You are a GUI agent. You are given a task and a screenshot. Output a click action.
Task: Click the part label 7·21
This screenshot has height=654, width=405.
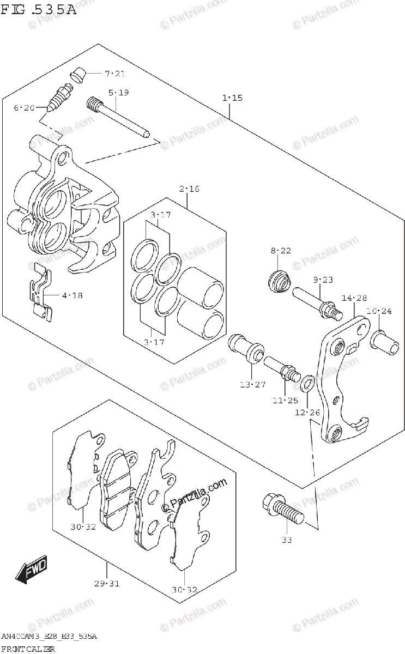[x=115, y=74]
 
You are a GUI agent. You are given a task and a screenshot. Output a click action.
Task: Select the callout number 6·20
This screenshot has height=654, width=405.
[x=24, y=108]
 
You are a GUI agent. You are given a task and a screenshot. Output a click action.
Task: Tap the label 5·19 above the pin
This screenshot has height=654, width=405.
[x=118, y=93]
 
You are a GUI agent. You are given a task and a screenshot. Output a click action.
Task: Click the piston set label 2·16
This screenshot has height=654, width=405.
[x=189, y=190]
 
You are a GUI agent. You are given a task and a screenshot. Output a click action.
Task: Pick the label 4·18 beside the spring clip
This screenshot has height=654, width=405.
[x=72, y=296]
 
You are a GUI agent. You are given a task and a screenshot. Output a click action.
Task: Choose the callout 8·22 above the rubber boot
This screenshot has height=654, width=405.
[x=281, y=251]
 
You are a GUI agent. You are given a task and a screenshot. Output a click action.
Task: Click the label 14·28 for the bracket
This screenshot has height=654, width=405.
[x=355, y=298]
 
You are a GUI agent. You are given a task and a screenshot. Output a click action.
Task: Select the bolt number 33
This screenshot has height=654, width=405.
[x=287, y=540]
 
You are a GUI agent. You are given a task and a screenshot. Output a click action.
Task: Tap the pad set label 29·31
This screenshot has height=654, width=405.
[x=106, y=584]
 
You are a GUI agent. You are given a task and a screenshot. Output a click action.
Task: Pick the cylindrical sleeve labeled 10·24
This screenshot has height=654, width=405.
[x=385, y=343]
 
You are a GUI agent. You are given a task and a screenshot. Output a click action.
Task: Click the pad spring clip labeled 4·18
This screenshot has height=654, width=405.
[x=41, y=295]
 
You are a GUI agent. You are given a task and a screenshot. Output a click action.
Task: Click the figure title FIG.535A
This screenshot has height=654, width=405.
[x=38, y=8]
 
